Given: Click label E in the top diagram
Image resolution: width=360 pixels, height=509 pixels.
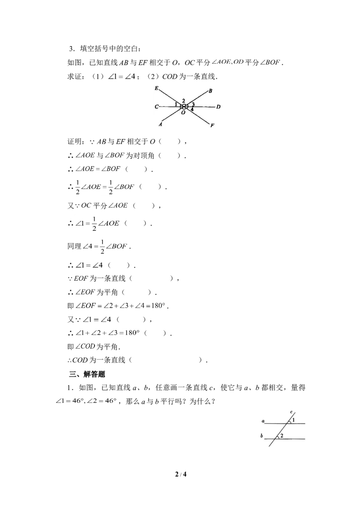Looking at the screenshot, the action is (x=156, y=88).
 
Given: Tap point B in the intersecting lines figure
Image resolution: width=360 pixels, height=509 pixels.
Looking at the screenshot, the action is (x=210, y=91).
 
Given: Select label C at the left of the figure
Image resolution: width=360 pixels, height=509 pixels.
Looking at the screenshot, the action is (x=156, y=107).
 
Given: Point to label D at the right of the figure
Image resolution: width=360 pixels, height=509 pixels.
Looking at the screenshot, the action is (x=218, y=107).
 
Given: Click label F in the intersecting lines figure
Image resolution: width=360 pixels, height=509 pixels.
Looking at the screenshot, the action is (x=212, y=125).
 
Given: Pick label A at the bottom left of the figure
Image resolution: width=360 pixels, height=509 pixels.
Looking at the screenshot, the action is (x=161, y=124).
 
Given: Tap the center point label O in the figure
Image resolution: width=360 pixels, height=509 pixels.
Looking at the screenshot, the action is (x=183, y=112).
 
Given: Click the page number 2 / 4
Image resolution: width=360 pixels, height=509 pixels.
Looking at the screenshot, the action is (x=180, y=474).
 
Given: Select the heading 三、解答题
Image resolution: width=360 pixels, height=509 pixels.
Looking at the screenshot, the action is (x=87, y=374).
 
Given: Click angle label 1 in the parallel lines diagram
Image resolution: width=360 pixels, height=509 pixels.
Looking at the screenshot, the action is (x=293, y=420).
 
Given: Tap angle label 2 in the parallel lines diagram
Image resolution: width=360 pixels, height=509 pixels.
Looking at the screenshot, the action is (x=282, y=436).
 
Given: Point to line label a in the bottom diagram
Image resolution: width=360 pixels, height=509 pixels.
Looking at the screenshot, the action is (x=263, y=421).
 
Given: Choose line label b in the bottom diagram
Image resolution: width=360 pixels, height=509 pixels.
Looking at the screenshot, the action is (x=261, y=436).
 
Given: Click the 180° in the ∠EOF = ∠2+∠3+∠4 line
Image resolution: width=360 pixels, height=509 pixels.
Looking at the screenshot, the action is (x=158, y=306).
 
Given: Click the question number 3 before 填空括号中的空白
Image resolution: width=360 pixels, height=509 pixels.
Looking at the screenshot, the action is (x=71, y=49).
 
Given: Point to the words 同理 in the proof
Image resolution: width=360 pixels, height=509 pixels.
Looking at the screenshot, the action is (x=74, y=246).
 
